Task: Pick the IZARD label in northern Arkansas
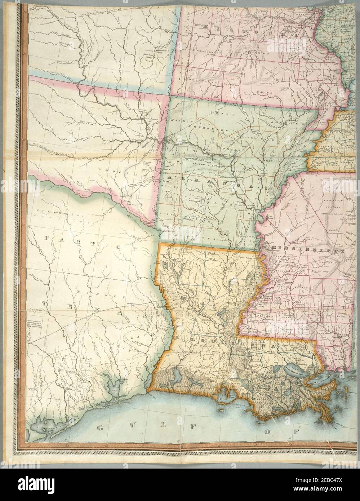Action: pos(231,114)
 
